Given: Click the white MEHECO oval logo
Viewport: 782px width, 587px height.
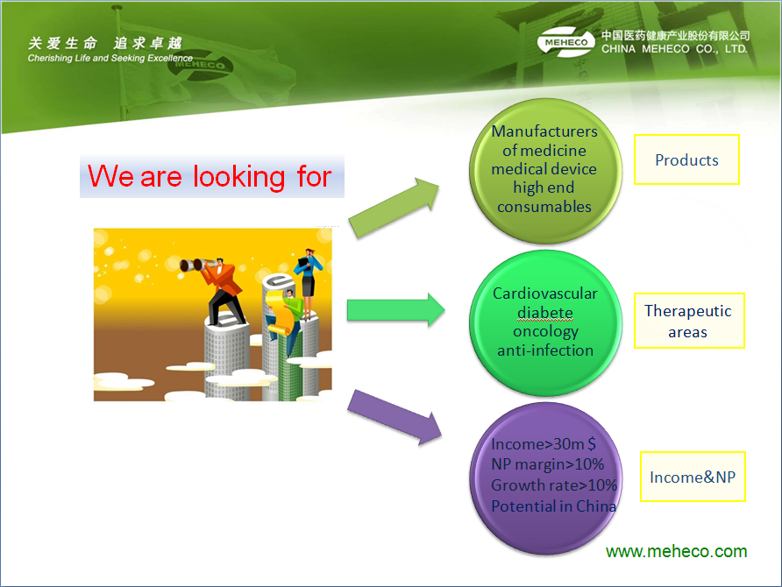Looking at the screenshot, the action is [x=566, y=42].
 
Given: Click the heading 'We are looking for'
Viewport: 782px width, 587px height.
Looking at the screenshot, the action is [x=210, y=176].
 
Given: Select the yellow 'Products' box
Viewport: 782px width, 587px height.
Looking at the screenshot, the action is [x=686, y=159].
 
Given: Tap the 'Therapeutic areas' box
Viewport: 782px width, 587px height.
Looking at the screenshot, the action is [x=689, y=321].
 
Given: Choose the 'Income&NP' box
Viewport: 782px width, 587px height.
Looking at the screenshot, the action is [x=693, y=477].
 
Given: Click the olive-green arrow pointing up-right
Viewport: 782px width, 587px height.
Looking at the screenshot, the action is [x=394, y=208].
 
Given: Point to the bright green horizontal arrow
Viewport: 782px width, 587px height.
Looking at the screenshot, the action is [x=396, y=310].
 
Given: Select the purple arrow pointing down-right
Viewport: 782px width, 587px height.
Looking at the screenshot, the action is [x=394, y=417].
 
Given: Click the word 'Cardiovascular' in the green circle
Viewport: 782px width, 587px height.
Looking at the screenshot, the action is [x=545, y=293].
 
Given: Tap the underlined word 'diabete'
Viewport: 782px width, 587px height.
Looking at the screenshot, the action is [x=545, y=313].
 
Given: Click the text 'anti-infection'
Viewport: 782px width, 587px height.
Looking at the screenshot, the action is [x=545, y=350].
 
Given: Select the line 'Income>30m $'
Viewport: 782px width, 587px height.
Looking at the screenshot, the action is [x=544, y=443].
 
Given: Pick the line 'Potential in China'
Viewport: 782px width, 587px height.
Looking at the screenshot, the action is [x=553, y=506].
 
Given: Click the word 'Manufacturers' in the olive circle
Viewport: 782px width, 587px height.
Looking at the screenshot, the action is [x=544, y=131].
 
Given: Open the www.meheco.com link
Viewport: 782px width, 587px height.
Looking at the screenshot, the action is [x=676, y=552].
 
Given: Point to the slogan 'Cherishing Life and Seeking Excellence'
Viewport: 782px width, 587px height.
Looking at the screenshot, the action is [x=110, y=59].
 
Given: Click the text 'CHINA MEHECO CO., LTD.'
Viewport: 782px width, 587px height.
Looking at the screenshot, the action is [x=674, y=49].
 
